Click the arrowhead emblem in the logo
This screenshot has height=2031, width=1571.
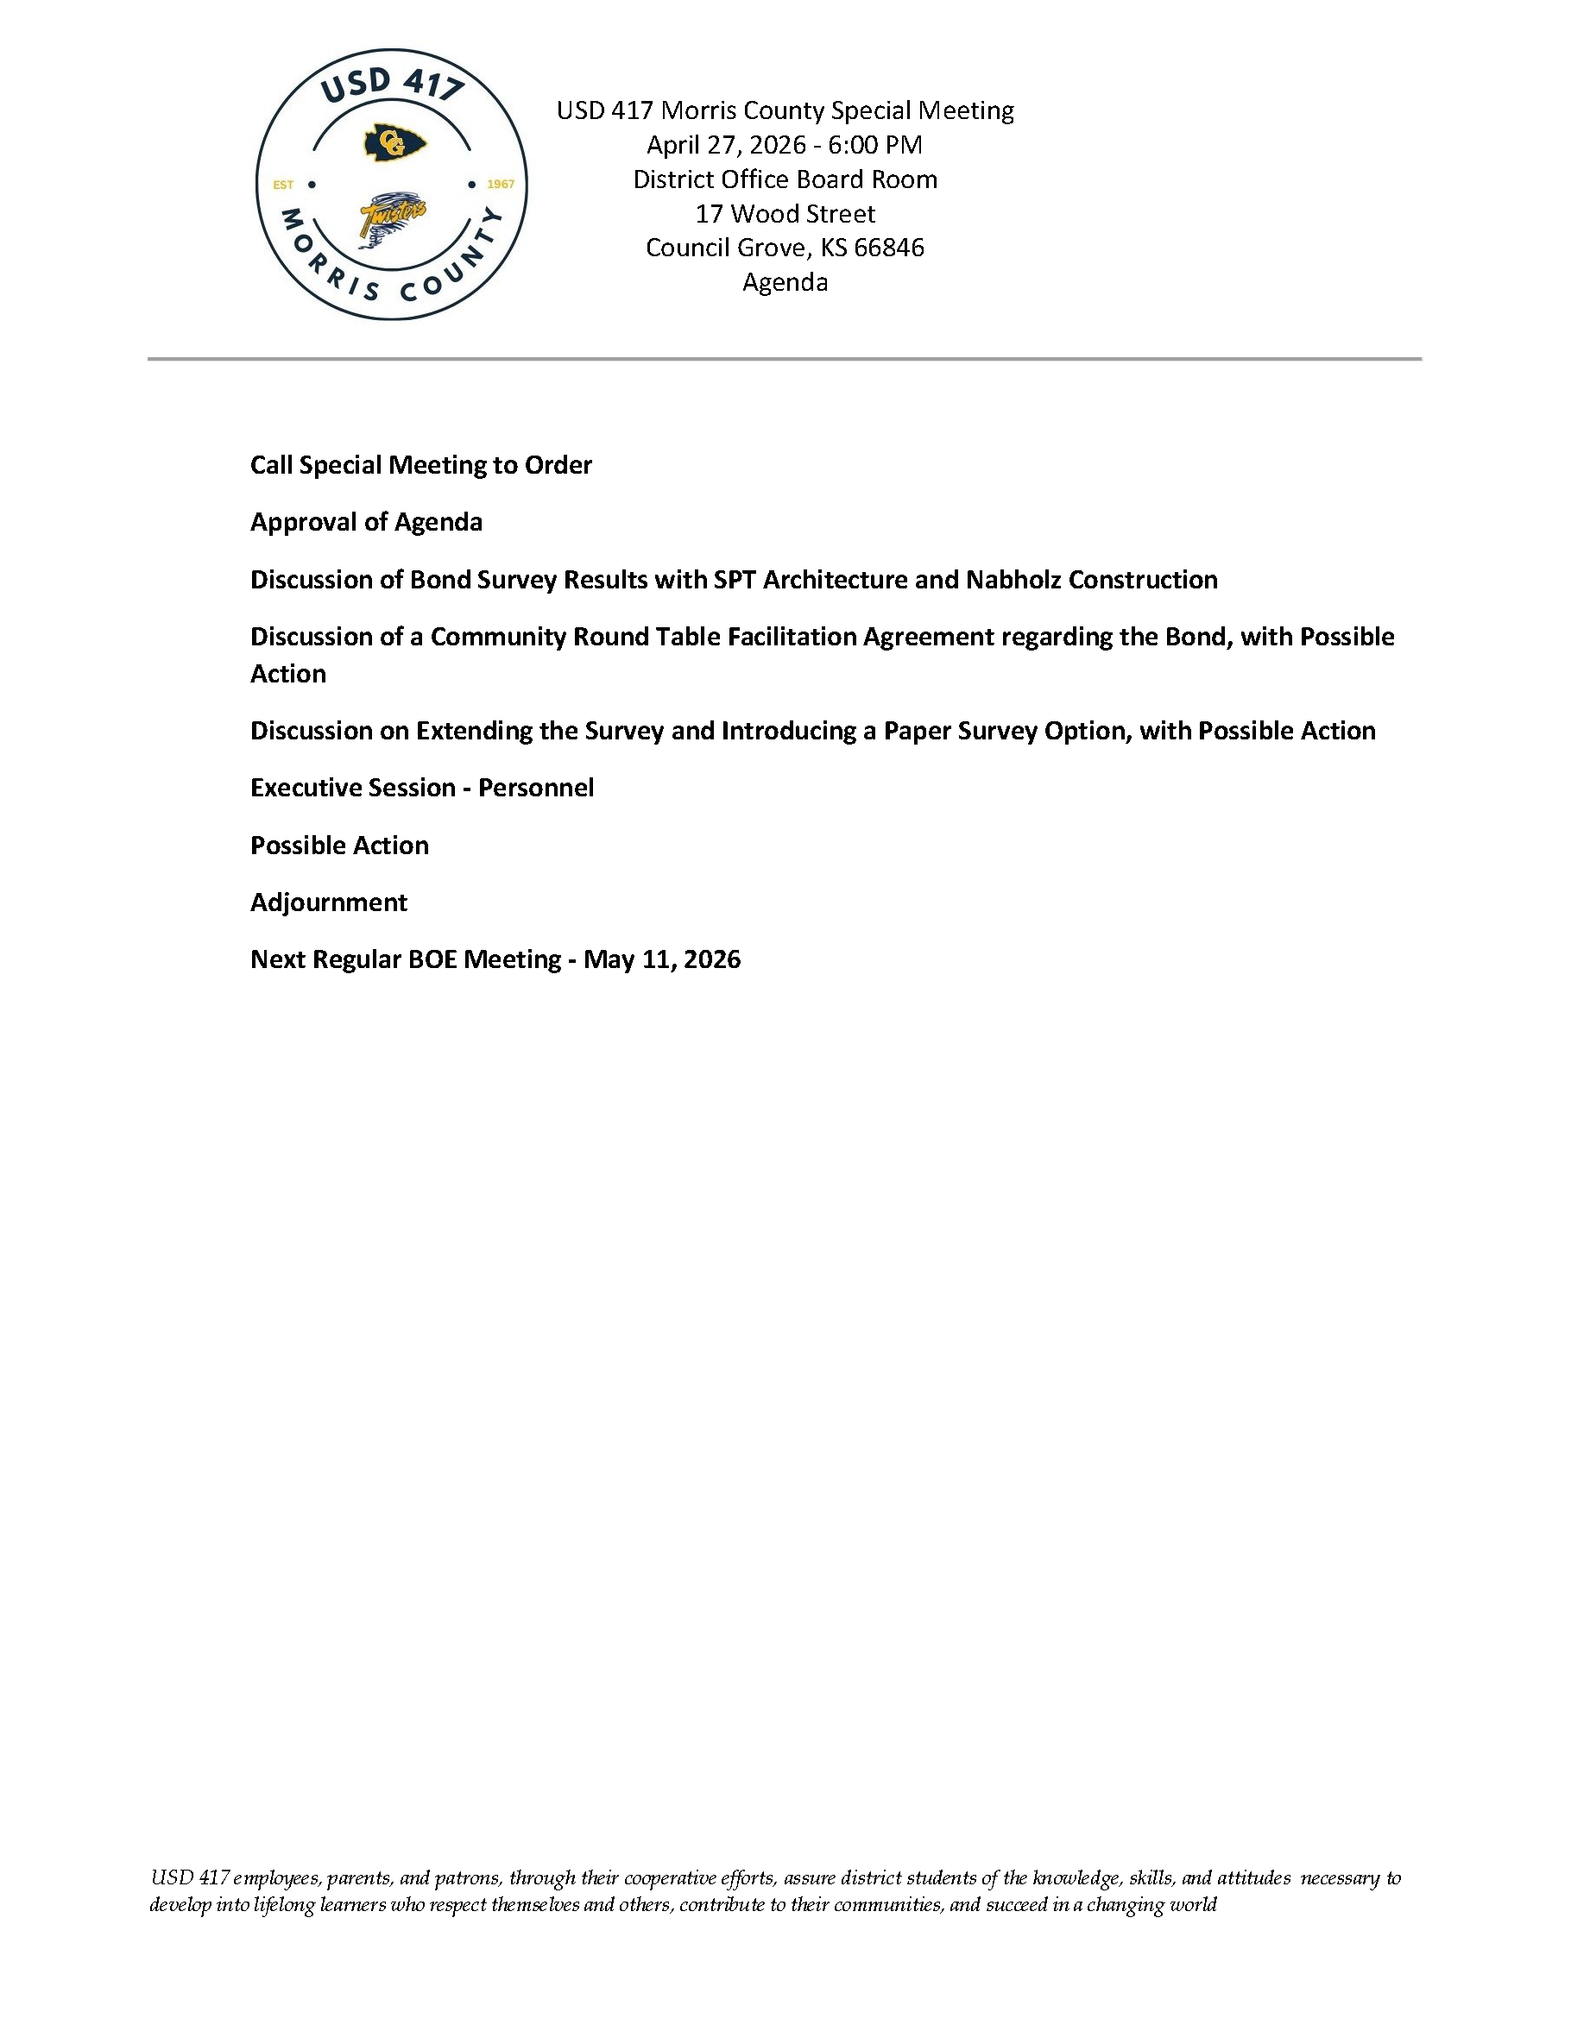[394, 144]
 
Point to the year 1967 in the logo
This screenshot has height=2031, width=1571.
[501, 184]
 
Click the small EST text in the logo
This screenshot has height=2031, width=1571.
[283, 185]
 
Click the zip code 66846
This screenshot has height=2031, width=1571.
[888, 248]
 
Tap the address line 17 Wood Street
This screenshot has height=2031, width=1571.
[785, 214]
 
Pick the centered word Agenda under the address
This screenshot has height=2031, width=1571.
[785, 282]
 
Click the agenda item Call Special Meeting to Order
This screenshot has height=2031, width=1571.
[420, 465]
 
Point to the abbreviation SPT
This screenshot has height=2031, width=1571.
[734, 579]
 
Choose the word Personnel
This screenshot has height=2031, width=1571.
[536, 788]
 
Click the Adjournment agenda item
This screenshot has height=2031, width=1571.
[328, 902]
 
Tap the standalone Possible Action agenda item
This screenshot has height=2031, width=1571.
[339, 846]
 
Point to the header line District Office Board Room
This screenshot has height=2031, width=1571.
[785, 179]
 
